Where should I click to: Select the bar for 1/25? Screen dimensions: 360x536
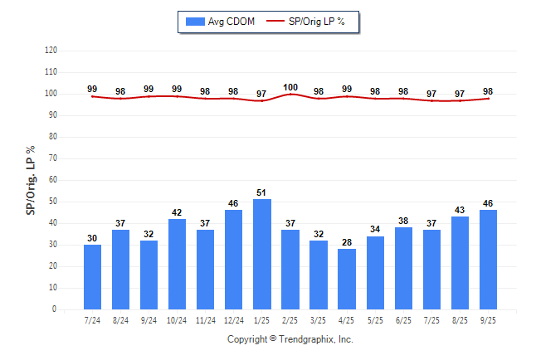tap(262, 255)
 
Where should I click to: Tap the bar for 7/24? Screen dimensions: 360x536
tap(92, 277)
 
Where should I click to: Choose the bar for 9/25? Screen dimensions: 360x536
tap(489, 260)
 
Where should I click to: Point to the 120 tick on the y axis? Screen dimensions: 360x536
tap(51, 51)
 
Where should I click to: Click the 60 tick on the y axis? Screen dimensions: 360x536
tap(53, 180)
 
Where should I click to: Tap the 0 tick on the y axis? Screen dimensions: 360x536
tap(55, 309)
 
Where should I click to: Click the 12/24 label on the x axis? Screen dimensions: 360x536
tap(233, 320)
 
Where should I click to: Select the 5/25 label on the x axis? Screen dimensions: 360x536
tap(375, 320)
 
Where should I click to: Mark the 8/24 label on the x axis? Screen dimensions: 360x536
tap(120, 320)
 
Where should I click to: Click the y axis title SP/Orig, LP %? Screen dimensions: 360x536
tap(31, 178)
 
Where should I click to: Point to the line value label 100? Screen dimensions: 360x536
tap(290, 87)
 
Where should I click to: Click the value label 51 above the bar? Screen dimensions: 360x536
tap(262, 192)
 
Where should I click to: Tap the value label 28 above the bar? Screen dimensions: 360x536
tap(347, 242)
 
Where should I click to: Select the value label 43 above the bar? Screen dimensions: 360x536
tap(460, 210)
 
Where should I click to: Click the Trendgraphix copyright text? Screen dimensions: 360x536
tap(290, 339)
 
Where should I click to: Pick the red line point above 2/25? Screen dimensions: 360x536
tap(290, 94)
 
